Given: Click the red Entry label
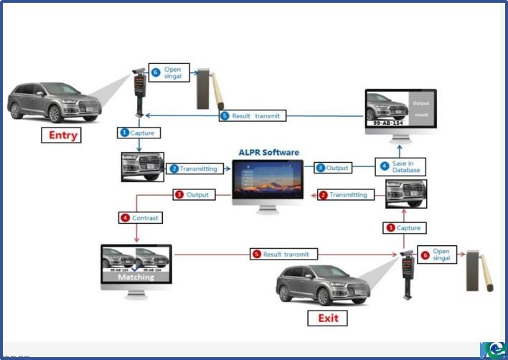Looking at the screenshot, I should point(63,135).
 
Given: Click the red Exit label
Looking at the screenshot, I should point(327,318).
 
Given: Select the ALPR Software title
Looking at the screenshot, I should point(269,152).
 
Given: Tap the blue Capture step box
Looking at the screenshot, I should point(137,133).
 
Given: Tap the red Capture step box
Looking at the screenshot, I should point(403,227).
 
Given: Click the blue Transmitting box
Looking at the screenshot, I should point(194,169).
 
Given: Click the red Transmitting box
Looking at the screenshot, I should point(343,194).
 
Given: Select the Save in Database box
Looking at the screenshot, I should point(401,167).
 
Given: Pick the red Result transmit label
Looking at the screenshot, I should point(281,254).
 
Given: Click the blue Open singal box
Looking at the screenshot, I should point(169,73).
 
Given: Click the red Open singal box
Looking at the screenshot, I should point(436,255).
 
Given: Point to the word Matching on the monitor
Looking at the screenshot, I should point(136,276).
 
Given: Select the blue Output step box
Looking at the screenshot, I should point(332,168).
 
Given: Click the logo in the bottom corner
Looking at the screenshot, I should point(493,348).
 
